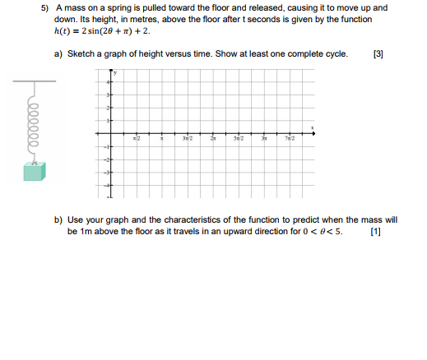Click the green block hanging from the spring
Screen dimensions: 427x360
tap(34, 171)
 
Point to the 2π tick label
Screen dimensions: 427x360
tap(213, 141)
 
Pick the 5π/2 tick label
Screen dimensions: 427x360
tap(239, 141)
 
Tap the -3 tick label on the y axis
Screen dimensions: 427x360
tap(106, 173)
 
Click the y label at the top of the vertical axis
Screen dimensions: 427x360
tap(116, 72)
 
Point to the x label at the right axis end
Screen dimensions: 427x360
tap(312, 127)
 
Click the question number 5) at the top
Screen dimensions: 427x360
tap(49, 7)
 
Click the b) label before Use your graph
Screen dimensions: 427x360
tap(59, 220)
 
